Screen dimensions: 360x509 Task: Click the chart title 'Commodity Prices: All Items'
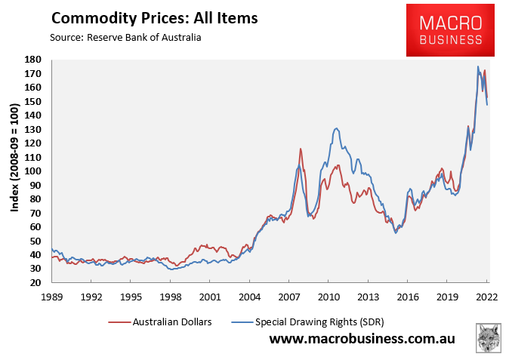pyautogui.click(x=154, y=17)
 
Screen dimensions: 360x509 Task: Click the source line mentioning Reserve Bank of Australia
pyautogui.click(x=125, y=37)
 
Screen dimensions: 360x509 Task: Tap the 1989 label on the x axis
pyautogui.click(x=51, y=297)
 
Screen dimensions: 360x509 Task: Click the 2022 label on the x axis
pyautogui.click(x=486, y=297)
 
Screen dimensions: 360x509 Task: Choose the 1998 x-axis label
pyautogui.click(x=170, y=297)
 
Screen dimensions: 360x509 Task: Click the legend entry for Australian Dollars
pyautogui.click(x=161, y=322)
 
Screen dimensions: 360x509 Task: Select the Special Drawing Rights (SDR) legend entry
pyautogui.click(x=316, y=322)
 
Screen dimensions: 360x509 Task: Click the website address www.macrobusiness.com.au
pyautogui.click(x=362, y=340)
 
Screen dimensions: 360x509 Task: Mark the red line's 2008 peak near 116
pyautogui.click(x=301, y=149)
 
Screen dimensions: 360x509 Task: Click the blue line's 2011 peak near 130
pyautogui.click(x=335, y=129)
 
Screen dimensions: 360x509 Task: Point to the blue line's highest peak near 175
pyautogui.click(x=477, y=66)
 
